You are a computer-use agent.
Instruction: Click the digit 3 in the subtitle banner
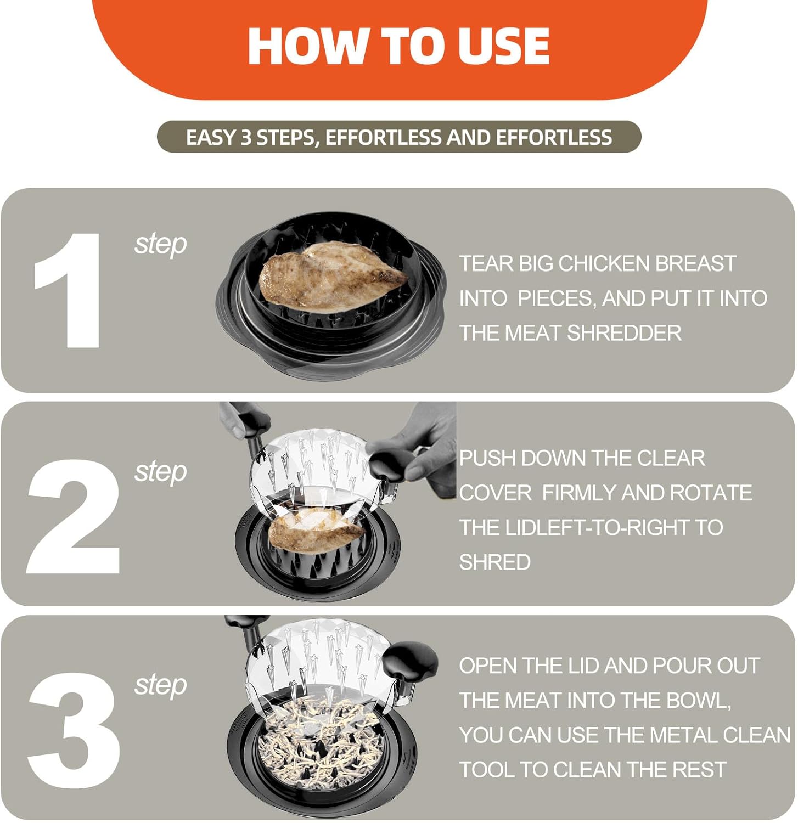246,137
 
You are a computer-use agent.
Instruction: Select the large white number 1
69,290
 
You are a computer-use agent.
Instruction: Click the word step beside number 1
160,244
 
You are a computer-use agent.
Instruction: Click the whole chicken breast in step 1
333,277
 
